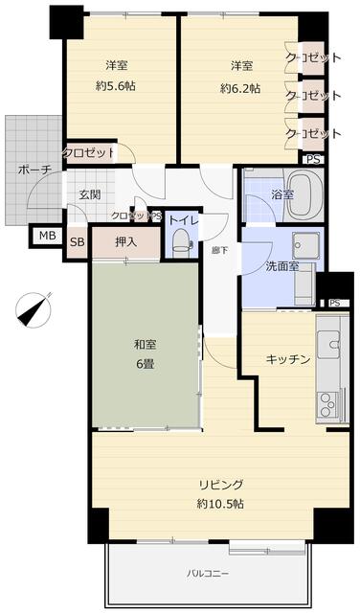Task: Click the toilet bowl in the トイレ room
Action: point(181,240)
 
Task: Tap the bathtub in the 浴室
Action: point(305,195)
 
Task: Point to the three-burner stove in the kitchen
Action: point(328,404)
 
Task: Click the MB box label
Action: point(48,237)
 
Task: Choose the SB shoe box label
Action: point(77,242)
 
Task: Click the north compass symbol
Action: point(34,309)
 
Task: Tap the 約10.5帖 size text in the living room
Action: point(220,504)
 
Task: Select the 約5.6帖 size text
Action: point(116,86)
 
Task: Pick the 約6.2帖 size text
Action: point(240,89)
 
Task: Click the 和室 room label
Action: point(146,345)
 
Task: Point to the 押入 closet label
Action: point(125,242)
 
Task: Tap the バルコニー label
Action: point(208,574)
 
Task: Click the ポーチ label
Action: point(34,170)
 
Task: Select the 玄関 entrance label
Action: point(90,194)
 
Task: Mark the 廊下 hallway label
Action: point(219,251)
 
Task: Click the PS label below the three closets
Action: point(313,160)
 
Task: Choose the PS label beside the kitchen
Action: point(334,303)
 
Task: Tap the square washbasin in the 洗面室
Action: point(305,245)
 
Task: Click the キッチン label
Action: point(288,359)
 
